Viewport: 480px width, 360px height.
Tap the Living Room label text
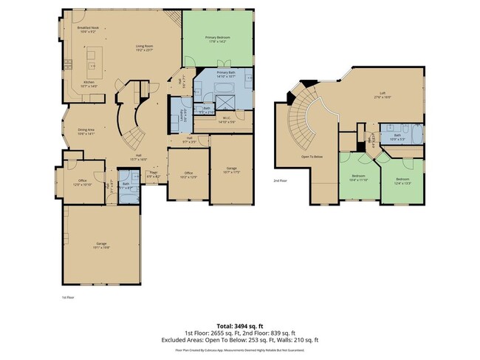pos(144,48)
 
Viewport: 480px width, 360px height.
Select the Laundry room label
pos(182,116)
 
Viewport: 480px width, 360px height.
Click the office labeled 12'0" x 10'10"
pos(81,183)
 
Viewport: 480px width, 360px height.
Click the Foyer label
pos(153,174)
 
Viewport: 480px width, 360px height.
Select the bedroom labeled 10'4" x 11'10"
pos(360,178)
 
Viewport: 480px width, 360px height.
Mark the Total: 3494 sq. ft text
pos(240,325)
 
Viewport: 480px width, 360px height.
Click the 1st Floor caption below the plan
pos(68,297)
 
